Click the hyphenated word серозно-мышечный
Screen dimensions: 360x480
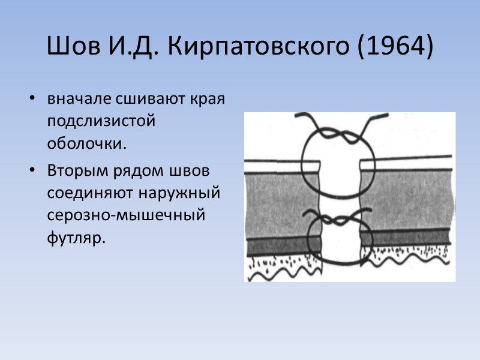click(x=127, y=215)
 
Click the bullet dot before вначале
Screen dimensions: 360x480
click(x=32, y=99)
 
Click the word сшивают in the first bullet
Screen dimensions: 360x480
click(x=132, y=98)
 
